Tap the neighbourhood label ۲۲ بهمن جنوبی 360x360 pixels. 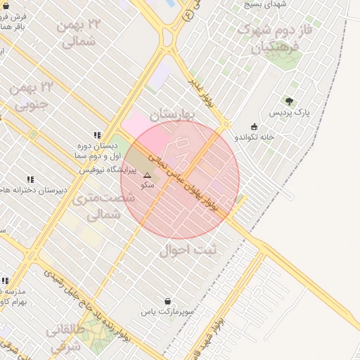coord(32,96)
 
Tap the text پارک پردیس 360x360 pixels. coord(289,112)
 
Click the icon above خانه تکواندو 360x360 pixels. coord(254,127)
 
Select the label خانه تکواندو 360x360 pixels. coord(255,137)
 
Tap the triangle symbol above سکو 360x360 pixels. coord(147,175)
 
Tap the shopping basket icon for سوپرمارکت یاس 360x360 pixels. coord(167,301)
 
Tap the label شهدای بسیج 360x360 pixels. coord(265,4)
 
